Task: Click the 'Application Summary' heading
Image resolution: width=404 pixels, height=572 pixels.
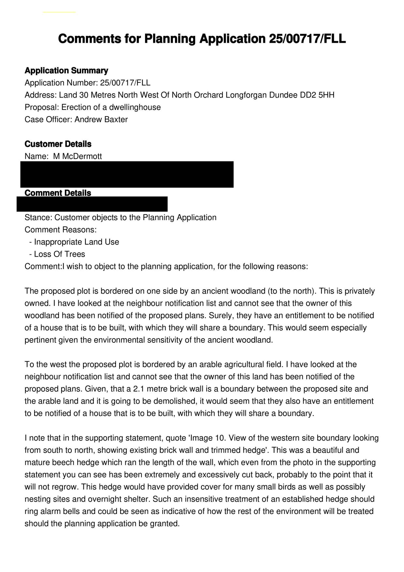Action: click(x=66, y=70)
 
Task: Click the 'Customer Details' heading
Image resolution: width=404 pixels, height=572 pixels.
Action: click(x=58, y=144)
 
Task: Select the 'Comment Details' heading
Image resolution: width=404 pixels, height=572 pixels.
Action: click(x=58, y=193)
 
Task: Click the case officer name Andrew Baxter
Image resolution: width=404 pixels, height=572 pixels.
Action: click(x=101, y=119)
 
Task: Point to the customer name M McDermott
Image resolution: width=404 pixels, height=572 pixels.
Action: click(x=78, y=156)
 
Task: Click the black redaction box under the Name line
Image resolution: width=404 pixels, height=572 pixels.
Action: click(x=127, y=174)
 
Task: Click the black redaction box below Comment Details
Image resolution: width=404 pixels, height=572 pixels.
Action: click(x=92, y=204)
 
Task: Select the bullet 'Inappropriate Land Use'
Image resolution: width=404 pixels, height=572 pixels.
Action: click(x=76, y=242)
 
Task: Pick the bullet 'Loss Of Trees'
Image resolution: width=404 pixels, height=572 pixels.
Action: click(x=59, y=254)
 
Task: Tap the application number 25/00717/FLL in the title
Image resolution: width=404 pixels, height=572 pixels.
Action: click(x=307, y=39)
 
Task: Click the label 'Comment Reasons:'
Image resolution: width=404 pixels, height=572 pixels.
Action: click(x=61, y=230)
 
